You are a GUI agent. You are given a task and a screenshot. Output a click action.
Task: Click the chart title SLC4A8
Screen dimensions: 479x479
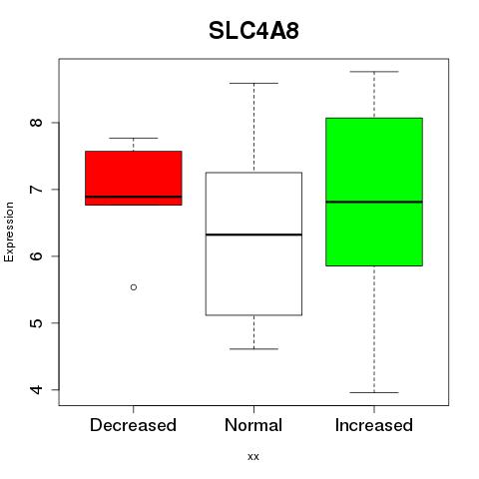253,31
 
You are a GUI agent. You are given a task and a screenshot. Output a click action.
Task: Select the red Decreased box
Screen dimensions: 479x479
134,178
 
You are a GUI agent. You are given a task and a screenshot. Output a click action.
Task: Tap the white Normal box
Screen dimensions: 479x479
253,243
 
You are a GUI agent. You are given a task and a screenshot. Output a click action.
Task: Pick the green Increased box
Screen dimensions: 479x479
374,192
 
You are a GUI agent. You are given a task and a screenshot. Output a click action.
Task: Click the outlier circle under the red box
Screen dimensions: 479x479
134,287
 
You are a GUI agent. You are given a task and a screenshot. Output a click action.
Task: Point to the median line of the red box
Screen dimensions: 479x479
134,197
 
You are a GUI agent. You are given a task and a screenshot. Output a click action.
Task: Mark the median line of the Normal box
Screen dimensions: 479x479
253,235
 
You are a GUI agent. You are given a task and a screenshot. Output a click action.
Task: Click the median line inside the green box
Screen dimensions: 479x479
374,202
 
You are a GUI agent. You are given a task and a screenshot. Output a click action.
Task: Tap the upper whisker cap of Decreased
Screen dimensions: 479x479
134,138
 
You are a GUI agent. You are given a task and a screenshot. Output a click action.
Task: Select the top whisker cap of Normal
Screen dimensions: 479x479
253,83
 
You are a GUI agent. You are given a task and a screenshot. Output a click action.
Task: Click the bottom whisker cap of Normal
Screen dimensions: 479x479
253,349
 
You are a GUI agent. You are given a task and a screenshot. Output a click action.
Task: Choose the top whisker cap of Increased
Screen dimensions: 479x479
374,72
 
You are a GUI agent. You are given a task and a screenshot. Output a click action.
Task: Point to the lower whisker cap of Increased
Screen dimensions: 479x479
374,392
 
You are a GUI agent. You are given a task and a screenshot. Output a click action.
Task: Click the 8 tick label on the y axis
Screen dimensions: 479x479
37,123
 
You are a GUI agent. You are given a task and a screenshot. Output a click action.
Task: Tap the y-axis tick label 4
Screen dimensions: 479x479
37,389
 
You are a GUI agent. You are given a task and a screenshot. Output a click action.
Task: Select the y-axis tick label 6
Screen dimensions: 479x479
37,255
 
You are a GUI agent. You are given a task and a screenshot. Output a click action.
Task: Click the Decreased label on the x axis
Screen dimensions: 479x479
133,425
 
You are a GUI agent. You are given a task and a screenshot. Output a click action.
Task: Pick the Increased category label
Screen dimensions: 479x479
374,425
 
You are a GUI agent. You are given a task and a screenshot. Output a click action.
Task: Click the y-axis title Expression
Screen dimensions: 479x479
9,232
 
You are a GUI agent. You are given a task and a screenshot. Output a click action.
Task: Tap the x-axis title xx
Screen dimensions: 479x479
253,457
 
